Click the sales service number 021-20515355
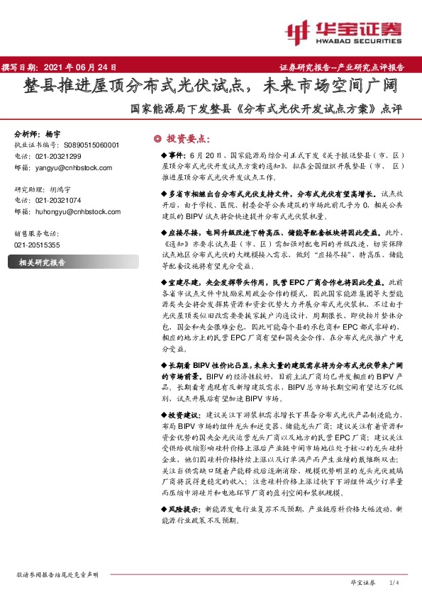(x=37, y=245)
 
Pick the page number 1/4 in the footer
(x=396, y=582)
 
